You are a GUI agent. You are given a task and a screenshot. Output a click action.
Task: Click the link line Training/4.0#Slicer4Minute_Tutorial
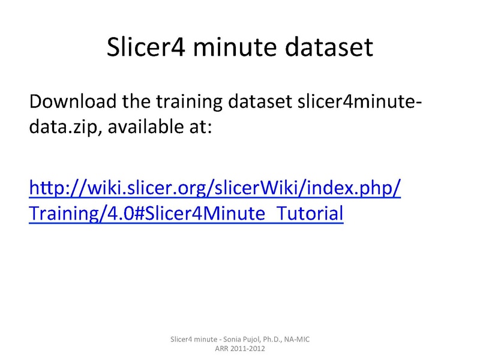click(x=186, y=214)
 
